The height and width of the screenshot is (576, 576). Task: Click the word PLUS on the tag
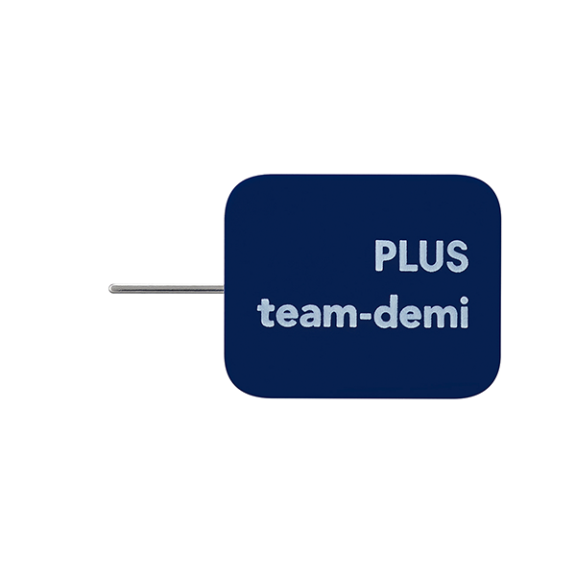pos(421,256)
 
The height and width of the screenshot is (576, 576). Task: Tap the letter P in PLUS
pos(385,256)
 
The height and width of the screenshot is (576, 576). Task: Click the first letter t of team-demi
pos(265,313)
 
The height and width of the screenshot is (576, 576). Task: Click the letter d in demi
pos(381,313)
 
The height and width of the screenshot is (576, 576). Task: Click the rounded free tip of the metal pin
pos(113,288)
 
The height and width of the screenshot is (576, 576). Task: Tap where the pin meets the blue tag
pos(224,288)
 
